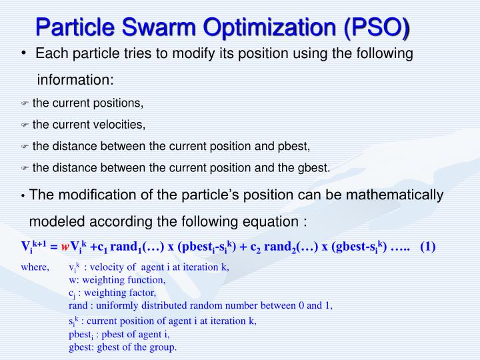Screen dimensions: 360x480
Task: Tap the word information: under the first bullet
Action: [75, 80]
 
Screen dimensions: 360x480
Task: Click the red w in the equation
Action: [65, 247]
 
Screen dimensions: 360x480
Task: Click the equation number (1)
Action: [427, 247]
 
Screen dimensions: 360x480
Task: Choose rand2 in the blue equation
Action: [285, 247]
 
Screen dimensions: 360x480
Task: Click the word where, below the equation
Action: [35, 267]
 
